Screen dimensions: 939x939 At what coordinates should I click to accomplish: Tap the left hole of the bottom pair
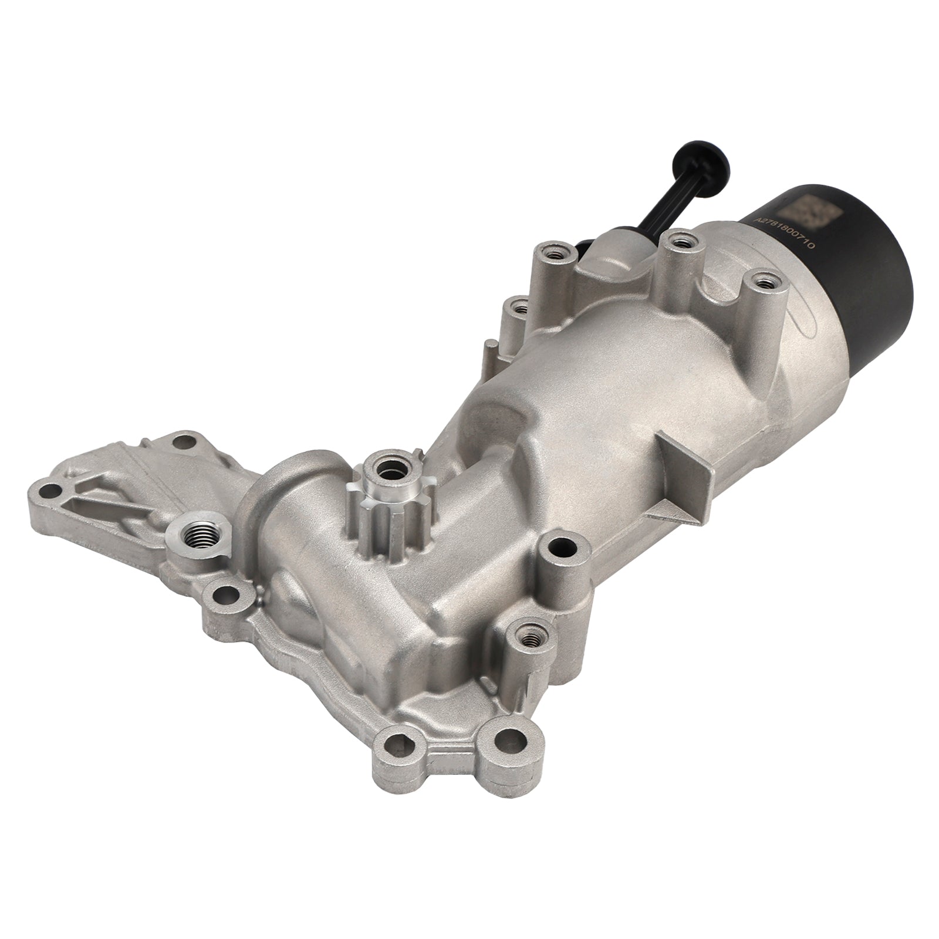(x=399, y=748)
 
